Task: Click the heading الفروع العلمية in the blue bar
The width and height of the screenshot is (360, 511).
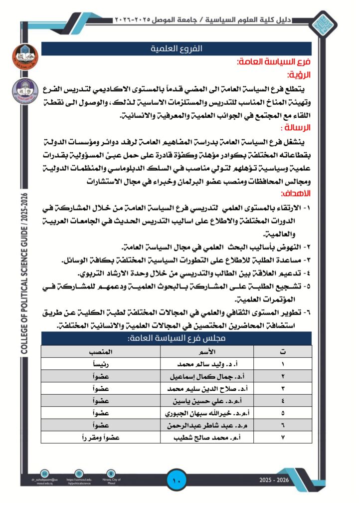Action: click(176, 48)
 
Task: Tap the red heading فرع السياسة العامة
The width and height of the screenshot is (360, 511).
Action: click(274, 62)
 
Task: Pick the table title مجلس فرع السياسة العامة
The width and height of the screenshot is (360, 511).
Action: click(176, 338)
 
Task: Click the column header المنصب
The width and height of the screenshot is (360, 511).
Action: click(100, 352)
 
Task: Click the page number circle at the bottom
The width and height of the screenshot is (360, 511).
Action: click(177, 481)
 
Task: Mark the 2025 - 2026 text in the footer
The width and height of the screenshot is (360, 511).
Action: click(274, 480)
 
